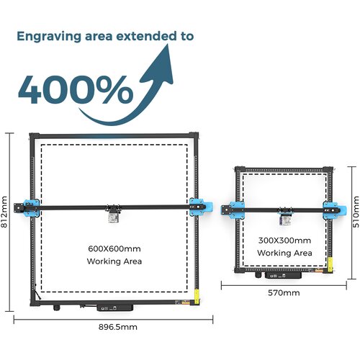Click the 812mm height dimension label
pyautogui.click(x=4, y=212)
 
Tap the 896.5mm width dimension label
pyautogui.click(x=118, y=327)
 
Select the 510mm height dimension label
pyautogui.click(x=356, y=212)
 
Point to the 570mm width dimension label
pyautogui.click(x=284, y=293)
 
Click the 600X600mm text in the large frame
pyautogui.click(x=114, y=248)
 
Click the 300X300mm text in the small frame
pyautogui.click(x=284, y=240)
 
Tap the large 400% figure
pyautogui.click(x=76, y=90)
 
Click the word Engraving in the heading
pyautogui.click(x=49, y=37)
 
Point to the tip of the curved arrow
pyautogui.click(x=167, y=45)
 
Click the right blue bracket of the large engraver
pyautogui.click(x=201, y=207)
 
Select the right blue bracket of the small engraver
pyautogui.click(x=335, y=210)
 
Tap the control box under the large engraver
pyautogui.click(x=115, y=307)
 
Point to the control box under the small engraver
pyautogui.click(x=283, y=275)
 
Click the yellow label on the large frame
pyautogui.click(x=197, y=296)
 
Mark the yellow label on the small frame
pyautogui.click(x=330, y=264)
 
